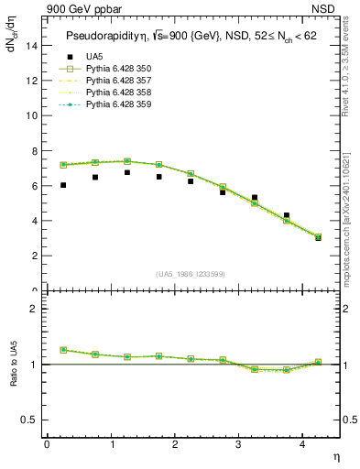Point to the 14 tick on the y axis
click(x=33, y=46)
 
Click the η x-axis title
click(x=335, y=455)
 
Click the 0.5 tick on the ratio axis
click(x=30, y=420)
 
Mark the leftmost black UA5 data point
click(x=63, y=185)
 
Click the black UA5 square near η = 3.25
click(x=255, y=197)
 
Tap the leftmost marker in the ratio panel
click(x=63, y=350)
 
